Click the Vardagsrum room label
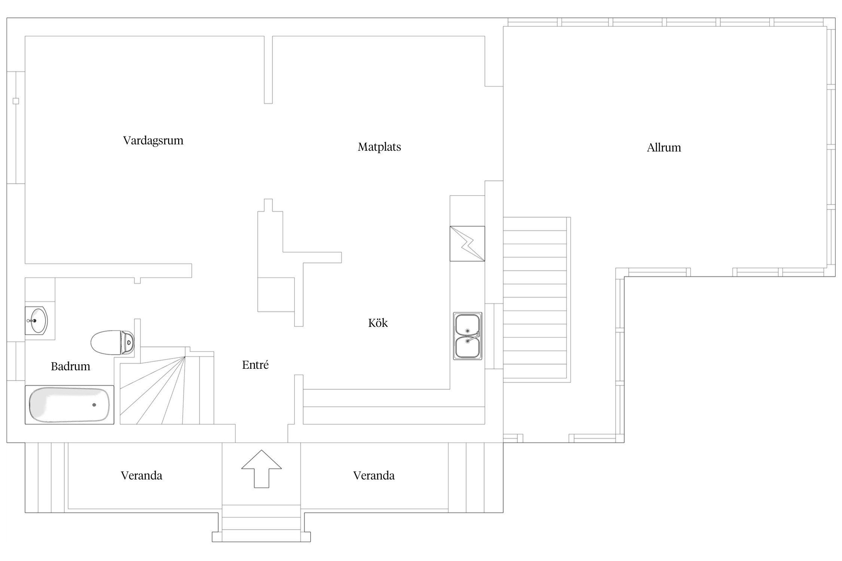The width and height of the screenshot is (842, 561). [x=153, y=141]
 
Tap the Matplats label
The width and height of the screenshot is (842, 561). [x=379, y=147]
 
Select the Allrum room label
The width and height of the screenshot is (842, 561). [x=664, y=148]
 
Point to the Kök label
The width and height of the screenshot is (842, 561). [x=378, y=323]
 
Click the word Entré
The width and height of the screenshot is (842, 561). [x=255, y=365]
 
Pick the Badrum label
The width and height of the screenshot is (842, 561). [x=70, y=366]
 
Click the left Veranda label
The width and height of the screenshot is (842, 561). [x=141, y=475]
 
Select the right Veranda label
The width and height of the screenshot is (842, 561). [x=374, y=475]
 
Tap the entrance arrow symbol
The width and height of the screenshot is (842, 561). [x=261, y=469]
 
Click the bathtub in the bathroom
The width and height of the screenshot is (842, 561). [x=69, y=405]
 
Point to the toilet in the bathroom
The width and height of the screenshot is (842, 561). [x=112, y=342]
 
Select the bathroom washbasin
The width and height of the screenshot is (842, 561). [x=36, y=320]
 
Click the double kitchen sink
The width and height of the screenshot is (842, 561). [x=467, y=336]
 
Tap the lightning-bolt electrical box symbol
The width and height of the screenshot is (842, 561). [x=467, y=243]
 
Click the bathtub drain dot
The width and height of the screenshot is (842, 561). [x=94, y=405]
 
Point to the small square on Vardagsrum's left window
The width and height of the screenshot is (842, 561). [x=16, y=101]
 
